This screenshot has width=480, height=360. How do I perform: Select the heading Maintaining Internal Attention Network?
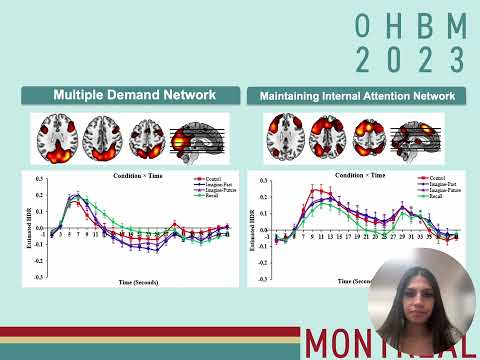click(x=357, y=96)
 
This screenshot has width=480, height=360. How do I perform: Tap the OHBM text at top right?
click(x=410, y=27)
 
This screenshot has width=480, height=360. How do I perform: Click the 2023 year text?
click(x=410, y=59)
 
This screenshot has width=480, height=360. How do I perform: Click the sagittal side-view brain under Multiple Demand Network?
click(x=205, y=136)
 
